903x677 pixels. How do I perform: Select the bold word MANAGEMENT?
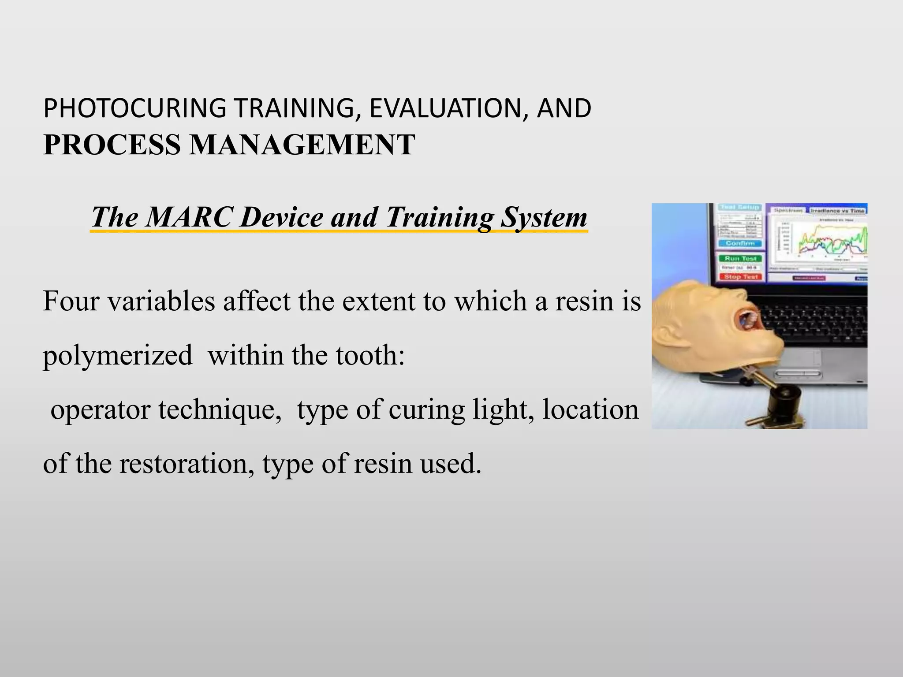click(302, 145)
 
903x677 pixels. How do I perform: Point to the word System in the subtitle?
click(544, 217)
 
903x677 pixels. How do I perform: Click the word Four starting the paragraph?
click(71, 301)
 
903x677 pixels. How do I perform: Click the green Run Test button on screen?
click(740, 258)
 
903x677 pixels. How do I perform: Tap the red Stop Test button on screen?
click(740, 277)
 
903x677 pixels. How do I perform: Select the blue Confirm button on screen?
click(740, 243)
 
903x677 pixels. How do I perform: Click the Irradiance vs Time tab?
click(837, 211)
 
